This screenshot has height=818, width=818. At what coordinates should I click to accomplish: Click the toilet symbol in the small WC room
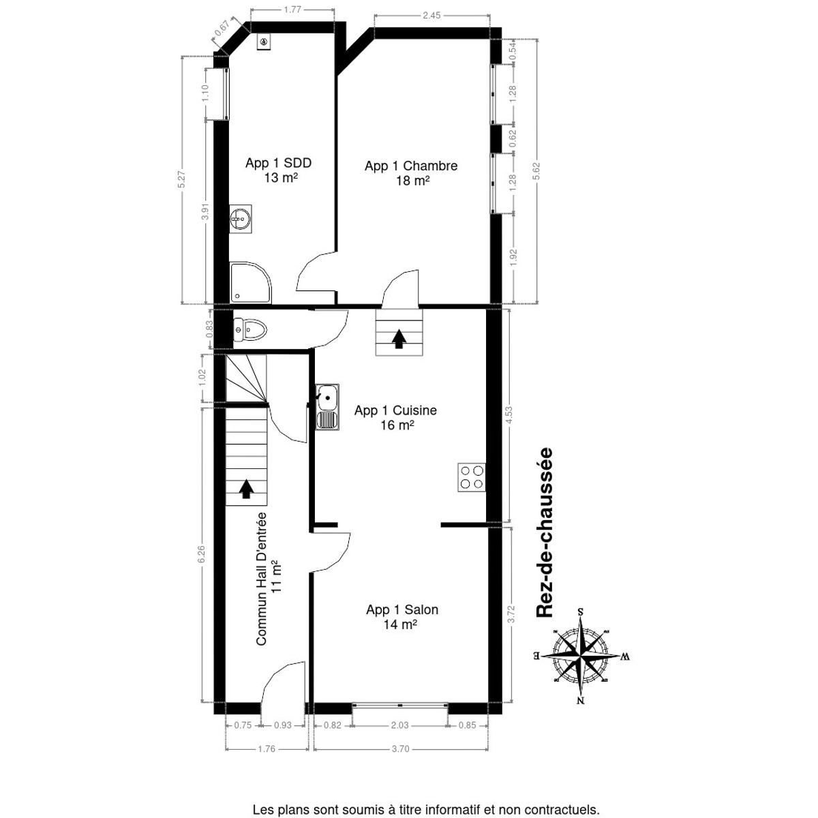pos(249,330)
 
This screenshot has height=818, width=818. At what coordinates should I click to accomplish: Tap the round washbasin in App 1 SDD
pos(241,219)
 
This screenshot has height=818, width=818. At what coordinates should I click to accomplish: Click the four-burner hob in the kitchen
pos(471,476)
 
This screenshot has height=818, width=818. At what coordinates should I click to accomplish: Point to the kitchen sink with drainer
pos(327,407)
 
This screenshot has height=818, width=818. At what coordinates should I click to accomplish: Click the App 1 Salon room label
pos(402,616)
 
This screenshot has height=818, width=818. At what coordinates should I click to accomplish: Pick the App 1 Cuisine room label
pos(395,417)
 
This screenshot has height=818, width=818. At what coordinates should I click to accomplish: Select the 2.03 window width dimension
pos(400,725)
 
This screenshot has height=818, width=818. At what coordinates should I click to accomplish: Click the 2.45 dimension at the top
pos(432,15)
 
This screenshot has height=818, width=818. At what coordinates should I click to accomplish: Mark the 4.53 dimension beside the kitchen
pos(508,416)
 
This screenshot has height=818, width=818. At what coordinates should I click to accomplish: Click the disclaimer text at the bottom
pos(426,810)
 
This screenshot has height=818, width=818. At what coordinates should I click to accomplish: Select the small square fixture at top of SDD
pos(264,42)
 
